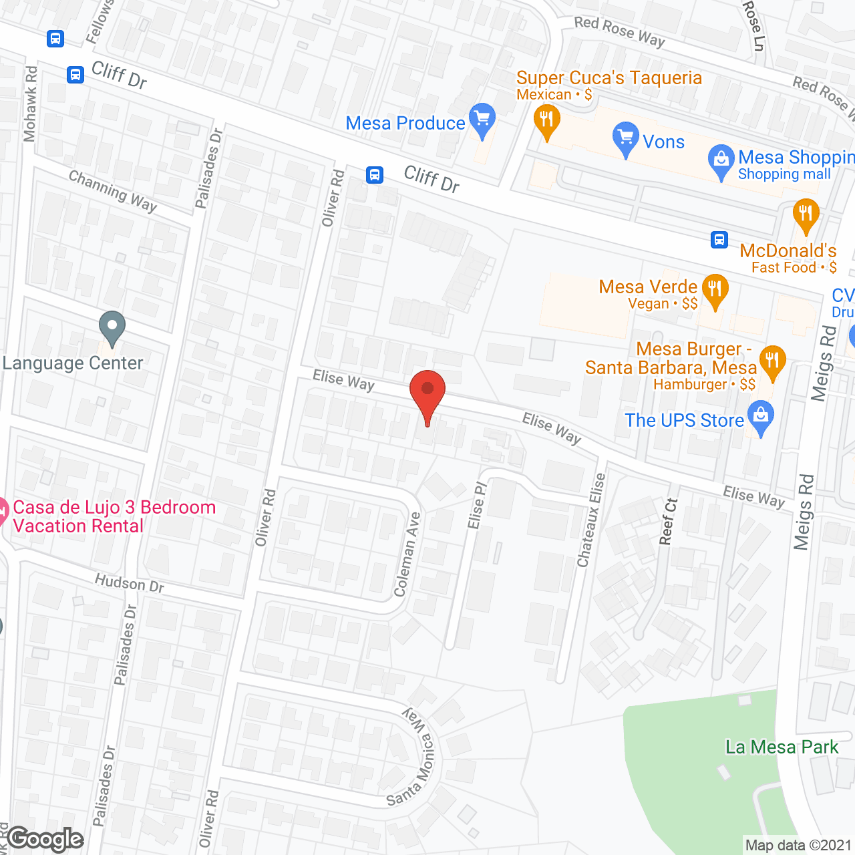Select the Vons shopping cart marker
625,138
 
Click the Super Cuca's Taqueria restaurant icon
547,122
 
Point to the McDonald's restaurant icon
806,215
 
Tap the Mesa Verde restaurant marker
715,291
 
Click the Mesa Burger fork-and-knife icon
772,362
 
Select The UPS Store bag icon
761,416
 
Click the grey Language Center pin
112,327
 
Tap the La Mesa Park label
782,747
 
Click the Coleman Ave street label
407,554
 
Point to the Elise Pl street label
478,505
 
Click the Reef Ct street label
669,521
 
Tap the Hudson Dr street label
129,583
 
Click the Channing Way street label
113,191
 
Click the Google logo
45,839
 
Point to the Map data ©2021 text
798,845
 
